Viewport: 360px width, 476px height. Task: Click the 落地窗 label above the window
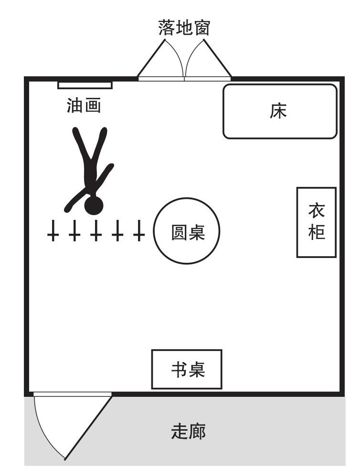click(x=184, y=28)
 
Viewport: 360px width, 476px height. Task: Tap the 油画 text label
click(x=84, y=105)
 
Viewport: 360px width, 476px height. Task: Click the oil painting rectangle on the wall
click(x=85, y=85)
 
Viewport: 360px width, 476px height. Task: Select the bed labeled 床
click(x=280, y=112)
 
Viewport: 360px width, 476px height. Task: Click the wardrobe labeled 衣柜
click(x=316, y=223)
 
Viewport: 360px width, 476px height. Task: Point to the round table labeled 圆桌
click(x=187, y=231)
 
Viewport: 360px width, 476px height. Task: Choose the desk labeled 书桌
click(x=187, y=369)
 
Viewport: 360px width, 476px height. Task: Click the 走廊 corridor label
click(x=188, y=431)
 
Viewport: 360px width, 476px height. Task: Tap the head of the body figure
click(x=94, y=205)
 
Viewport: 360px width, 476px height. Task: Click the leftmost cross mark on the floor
click(x=53, y=231)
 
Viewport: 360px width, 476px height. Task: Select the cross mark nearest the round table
click(x=139, y=231)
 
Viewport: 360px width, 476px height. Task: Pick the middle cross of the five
click(x=96, y=231)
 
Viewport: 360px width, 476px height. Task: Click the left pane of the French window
click(x=161, y=78)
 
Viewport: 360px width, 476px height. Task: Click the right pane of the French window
click(x=208, y=78)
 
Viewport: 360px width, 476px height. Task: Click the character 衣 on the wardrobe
click(x=316, y=211)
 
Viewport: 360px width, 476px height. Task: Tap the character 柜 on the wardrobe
click(x=316, y=232)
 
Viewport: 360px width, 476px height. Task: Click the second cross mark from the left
click(x=74, y=231)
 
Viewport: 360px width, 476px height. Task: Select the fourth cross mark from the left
click(x=117, y=231)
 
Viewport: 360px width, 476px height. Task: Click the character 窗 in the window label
click(x=201, y=28)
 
